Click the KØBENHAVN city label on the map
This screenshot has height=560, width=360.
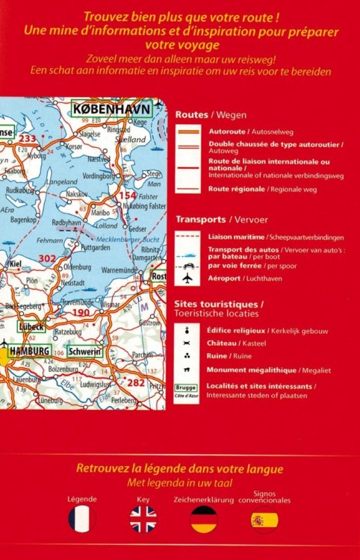[112, 110]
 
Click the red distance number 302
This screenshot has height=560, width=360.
[48, 258]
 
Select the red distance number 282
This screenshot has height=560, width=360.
[136, 382]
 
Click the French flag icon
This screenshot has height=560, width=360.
[82, 518]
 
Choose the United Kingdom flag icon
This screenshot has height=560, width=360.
[143, 518]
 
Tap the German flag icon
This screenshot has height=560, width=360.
[203, 518]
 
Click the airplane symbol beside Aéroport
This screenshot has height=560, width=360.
[187, 278]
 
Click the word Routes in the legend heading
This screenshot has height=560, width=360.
[191, 115]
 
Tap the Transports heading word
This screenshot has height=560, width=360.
[200, 220]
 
